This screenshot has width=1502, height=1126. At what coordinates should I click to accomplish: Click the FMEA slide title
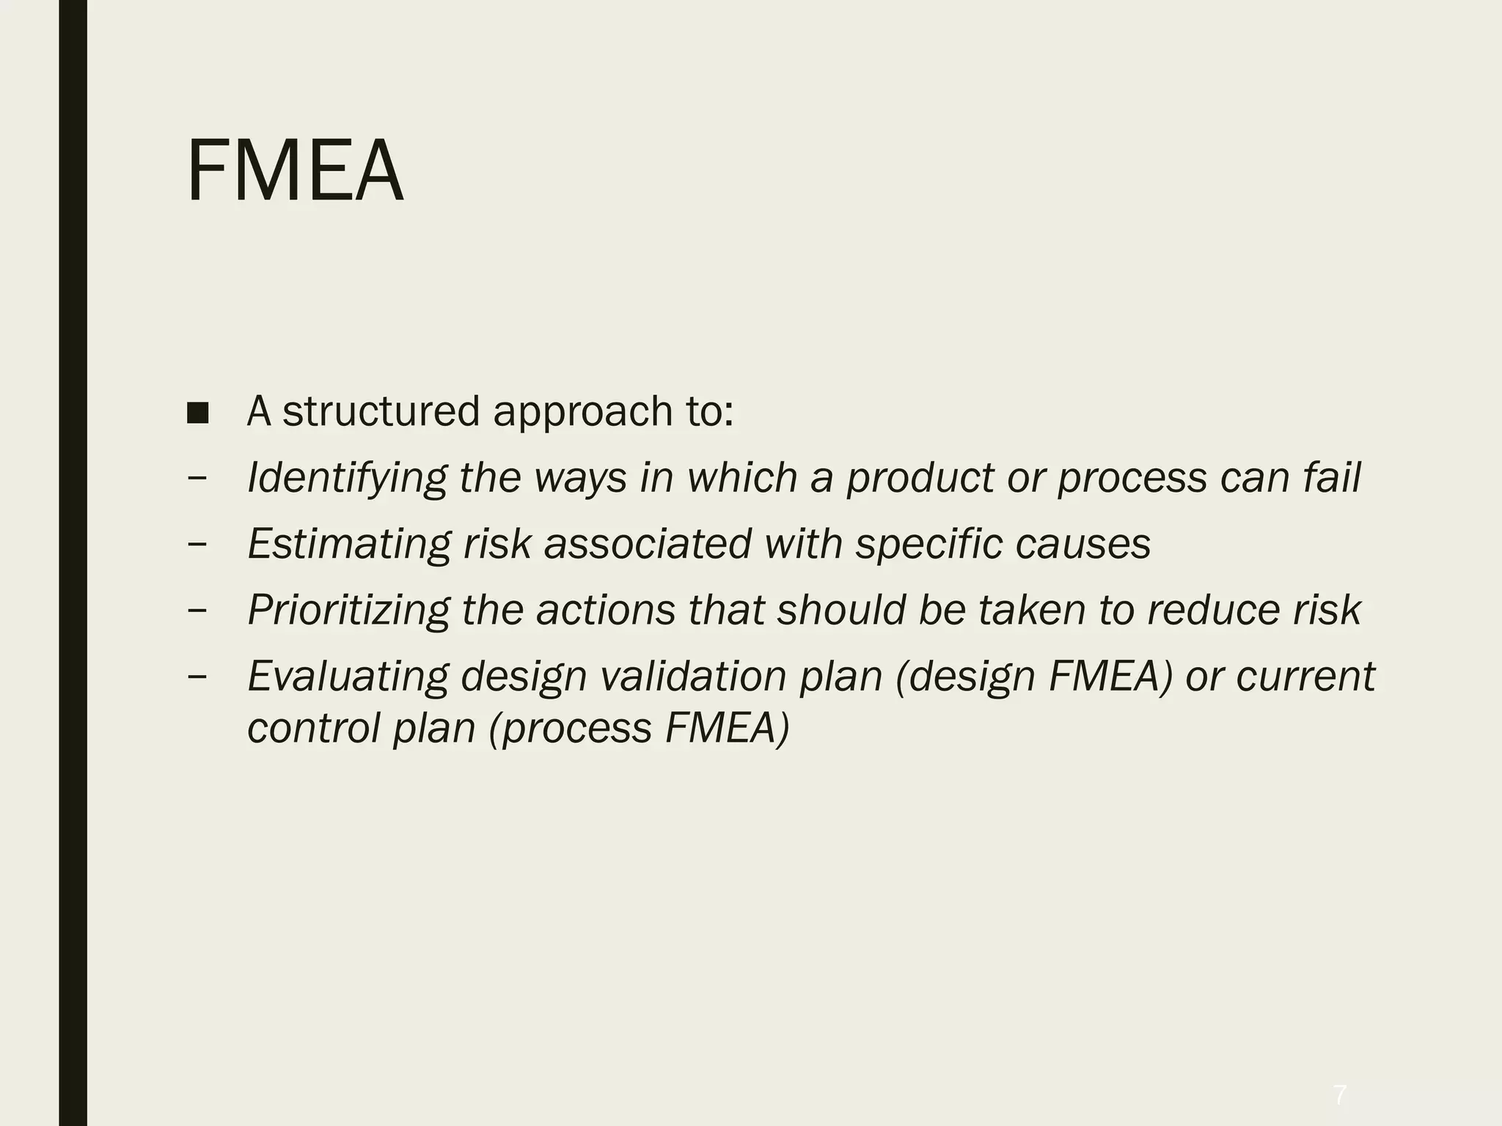pos(295,172)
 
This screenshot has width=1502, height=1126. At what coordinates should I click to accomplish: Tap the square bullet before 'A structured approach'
pos(197,413)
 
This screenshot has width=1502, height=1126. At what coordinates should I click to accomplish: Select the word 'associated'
pos(648,544)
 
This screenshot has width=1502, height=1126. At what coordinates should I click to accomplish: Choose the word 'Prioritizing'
pos(348,611)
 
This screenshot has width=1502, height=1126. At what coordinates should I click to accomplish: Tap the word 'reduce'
pos(1209,610)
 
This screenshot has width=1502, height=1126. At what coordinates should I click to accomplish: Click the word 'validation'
pos(693,676)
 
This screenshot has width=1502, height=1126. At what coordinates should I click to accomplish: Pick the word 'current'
pos(1305,676)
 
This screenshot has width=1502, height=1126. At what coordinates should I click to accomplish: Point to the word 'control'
pos(313,728)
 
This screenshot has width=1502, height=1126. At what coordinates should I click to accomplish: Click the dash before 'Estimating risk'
pos(197,545)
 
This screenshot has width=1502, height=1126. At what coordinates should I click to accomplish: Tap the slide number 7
pos(1340,1095)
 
